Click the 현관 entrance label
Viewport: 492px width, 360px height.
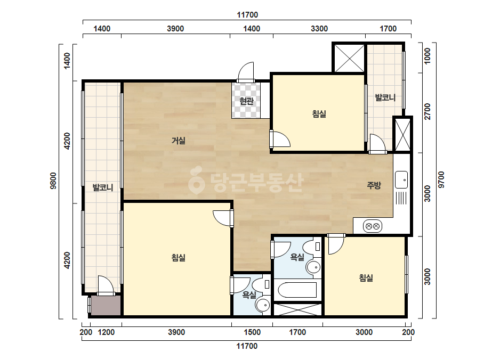tap(246, 101)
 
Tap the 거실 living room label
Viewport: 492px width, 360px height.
tap(178, 141)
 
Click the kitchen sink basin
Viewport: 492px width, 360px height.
tap(401, 179)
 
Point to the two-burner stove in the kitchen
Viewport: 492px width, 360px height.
tap(373, 226)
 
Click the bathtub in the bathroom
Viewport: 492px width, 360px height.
tap(297, 290)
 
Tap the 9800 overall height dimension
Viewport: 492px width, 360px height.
tap(53, 181)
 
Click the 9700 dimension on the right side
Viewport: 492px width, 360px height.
tap(441, 179)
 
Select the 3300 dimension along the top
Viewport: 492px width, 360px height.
tap(319, 29)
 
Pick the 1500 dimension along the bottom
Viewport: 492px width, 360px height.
tap(252, 332)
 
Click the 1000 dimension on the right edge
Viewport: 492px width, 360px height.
tap(427, 56)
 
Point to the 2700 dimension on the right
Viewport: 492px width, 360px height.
tap(427, 111)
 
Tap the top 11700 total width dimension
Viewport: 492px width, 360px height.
tap(247, 15)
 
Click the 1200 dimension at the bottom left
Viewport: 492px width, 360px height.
tap(106, 332)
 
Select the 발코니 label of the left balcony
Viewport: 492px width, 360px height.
tap(102, 187)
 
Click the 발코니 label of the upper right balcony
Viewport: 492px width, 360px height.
tap(385, 97)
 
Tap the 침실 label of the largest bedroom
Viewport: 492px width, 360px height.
tap(178, 257)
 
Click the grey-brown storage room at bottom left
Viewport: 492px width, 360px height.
tap(106, 305)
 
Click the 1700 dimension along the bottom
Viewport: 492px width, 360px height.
tap(297, 332)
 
